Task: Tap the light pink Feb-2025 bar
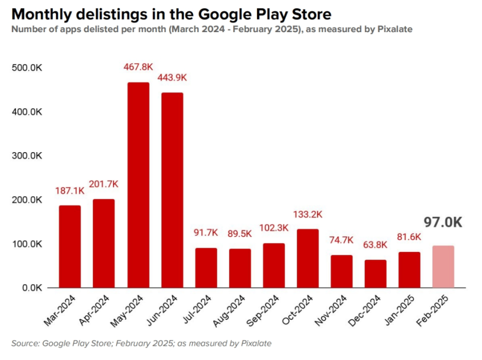pos(443,267)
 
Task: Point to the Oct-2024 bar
pos(307,258)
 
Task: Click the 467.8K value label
pos(138,67)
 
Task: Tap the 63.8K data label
pos(375,245)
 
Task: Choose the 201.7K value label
pos(103,184)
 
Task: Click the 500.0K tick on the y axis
pos(28,68)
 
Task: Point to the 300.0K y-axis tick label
pos(28,156)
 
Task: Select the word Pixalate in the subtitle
pos(394,29)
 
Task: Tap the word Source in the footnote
pos(25,343)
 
